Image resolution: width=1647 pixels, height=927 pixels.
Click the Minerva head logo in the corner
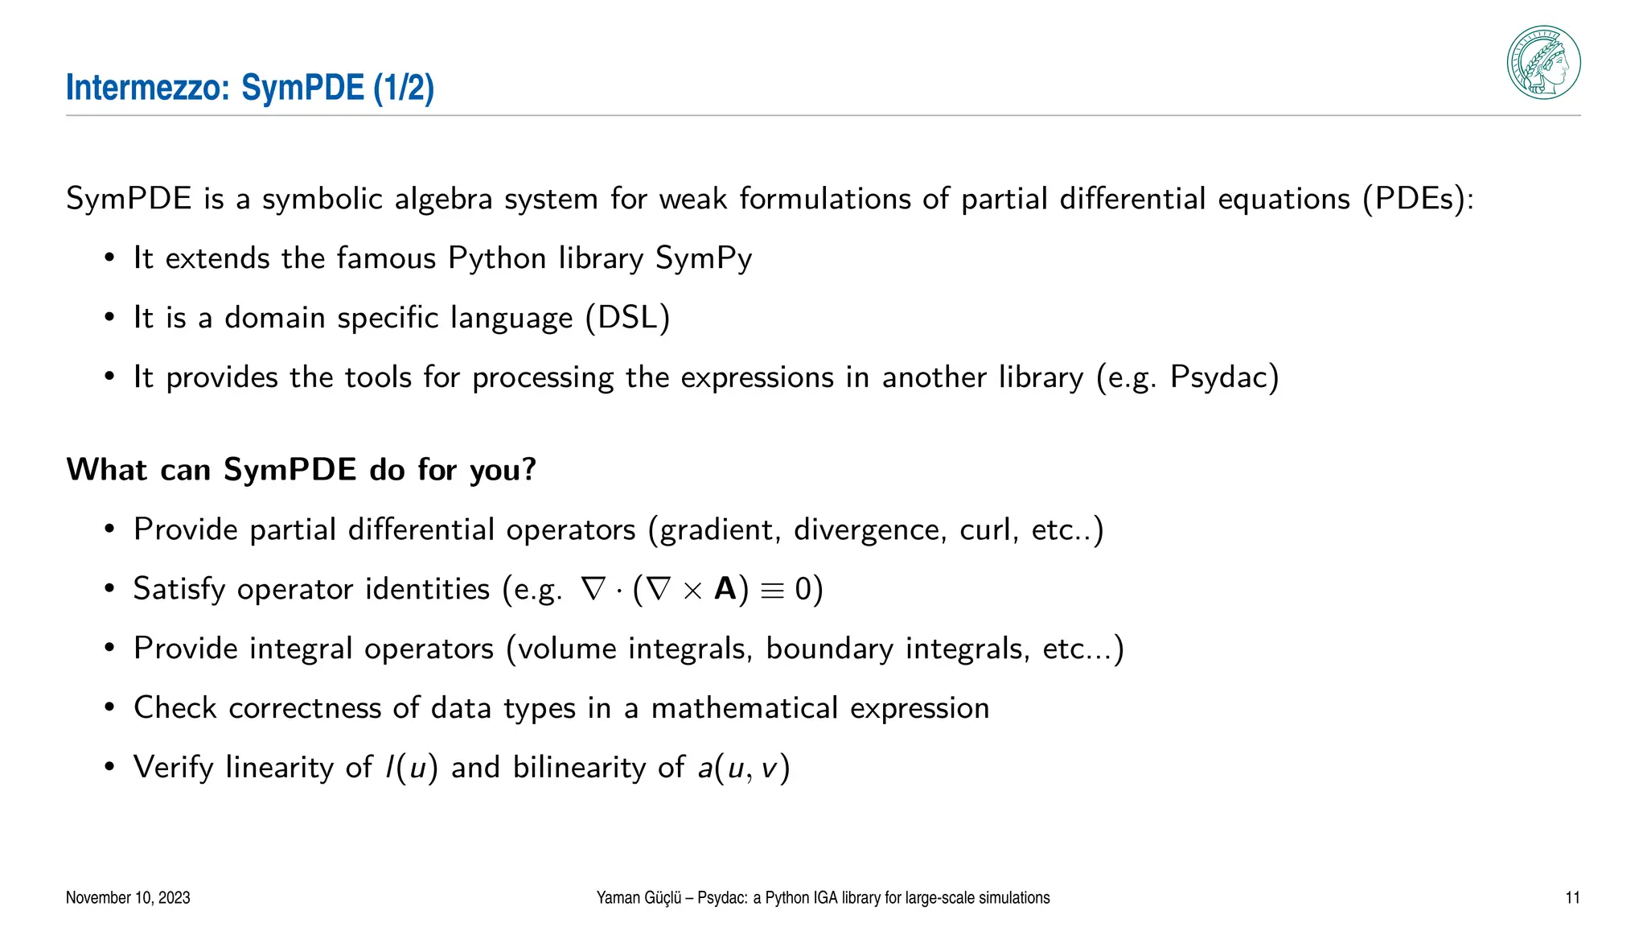[1543, 63]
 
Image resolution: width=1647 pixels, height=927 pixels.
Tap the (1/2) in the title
[404, 88]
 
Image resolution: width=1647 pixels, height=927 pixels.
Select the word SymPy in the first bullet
[704, 258]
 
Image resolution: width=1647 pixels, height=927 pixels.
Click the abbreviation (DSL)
[627, 318]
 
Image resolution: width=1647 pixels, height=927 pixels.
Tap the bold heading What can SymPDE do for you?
[301, 469]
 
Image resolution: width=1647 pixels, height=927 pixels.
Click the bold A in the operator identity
[725, 589]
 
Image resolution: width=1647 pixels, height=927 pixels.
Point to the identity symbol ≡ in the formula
[771, 591]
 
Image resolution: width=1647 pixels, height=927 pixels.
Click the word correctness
[305, 708]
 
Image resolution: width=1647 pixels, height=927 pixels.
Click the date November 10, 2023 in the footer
[128, 898]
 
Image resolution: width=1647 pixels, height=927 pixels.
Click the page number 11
[1572, 898]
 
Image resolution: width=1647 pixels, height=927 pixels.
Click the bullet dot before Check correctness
[109, 709]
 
